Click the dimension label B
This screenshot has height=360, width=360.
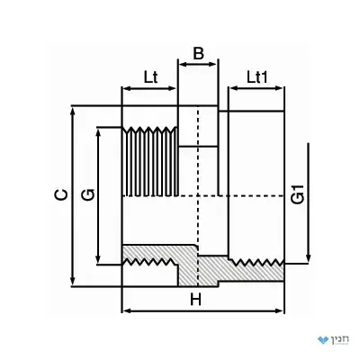198,53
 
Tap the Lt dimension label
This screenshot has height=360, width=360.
150,77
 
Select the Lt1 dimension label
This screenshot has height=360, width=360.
256,77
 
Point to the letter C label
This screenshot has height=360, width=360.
61,194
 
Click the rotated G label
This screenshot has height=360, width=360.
88,194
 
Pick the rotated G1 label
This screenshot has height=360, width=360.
298,195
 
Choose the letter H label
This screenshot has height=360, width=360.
196,300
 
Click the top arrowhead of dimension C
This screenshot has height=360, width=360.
72,111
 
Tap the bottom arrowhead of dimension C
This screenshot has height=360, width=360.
72,282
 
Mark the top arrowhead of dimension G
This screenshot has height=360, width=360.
98,132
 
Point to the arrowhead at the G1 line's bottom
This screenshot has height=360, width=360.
308,258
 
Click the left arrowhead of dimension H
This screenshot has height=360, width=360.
127,310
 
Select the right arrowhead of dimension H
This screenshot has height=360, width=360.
279,310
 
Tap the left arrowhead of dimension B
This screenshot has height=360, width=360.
183,64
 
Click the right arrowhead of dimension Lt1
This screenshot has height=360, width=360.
279,88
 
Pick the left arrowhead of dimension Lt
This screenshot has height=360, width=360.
127,88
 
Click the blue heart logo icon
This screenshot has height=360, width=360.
323,340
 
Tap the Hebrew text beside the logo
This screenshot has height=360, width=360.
340,339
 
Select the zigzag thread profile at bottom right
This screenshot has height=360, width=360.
256,262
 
